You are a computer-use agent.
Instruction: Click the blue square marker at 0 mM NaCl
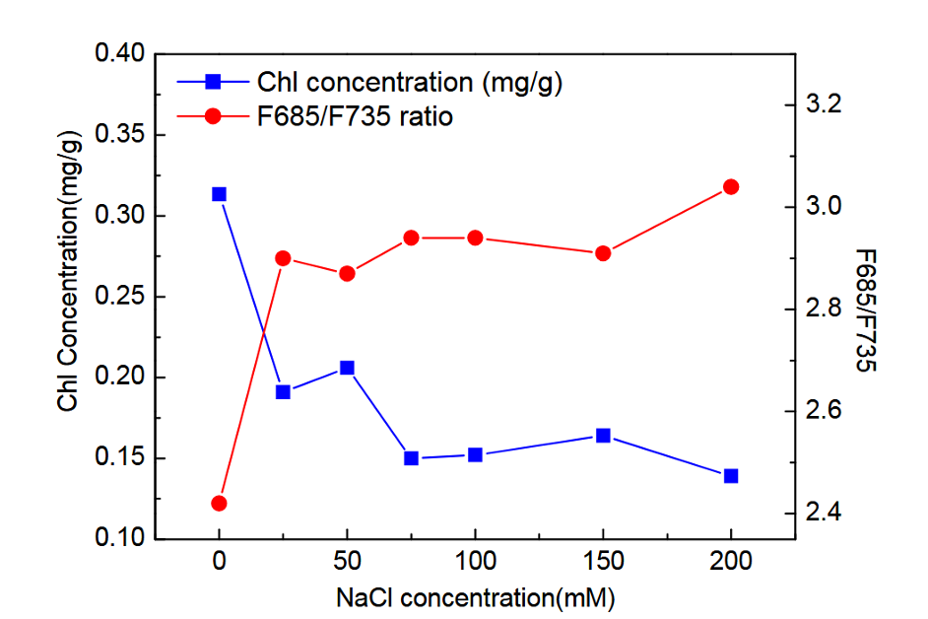[x=219, y=194]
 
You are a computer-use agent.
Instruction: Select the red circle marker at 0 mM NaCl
[x=219, y=504]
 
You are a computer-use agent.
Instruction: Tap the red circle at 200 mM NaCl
[x=731, y=187]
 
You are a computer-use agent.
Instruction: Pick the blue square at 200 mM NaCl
[x=731, y=476]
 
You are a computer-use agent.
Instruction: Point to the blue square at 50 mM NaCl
[x=347, y=368]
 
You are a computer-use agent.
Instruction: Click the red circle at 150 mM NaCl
[x=603, y=253]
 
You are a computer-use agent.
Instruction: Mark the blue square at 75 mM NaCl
[x=411, y=458]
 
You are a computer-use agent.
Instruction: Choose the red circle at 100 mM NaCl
[x=475, y=238]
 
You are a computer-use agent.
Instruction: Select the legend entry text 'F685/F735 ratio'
[x=355, y=116]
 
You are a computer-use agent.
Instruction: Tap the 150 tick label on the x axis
[x=603, y=563]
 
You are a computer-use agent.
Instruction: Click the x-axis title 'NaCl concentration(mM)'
[x=475, y=597]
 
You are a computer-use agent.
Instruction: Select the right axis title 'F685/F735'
[x=864, y=310]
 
